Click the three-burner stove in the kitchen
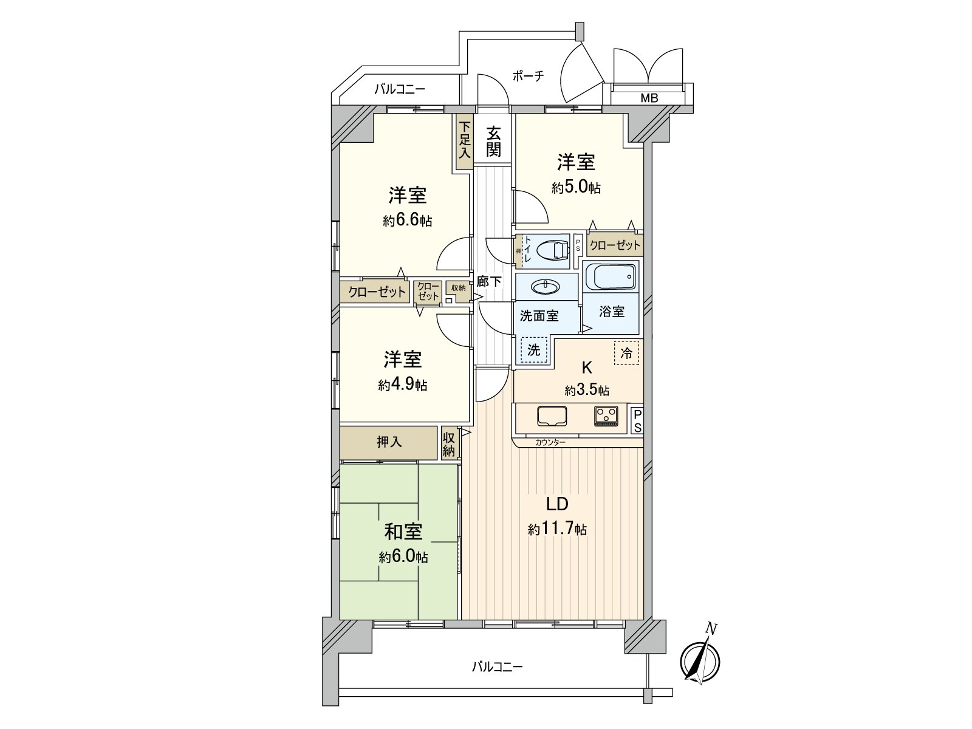click(606, 417)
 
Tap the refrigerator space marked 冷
click(626, 353)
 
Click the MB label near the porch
click(649, 98)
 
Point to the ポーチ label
click(528, 76)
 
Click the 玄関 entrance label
click(493, 142)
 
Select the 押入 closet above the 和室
click(389, 442)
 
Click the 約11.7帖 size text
click(557, 530)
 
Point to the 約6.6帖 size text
click(407, 221)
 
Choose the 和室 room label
click(403, 532)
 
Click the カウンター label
click(550, 442)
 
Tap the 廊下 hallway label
click(489, 282)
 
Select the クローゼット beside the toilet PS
click(615, 245)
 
